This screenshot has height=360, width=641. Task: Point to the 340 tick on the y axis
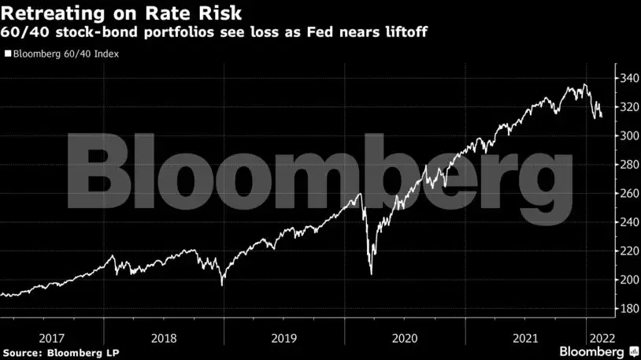click(627, 78)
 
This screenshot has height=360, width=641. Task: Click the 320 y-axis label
click(627, 107)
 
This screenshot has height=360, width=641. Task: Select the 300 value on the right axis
click(627, 135)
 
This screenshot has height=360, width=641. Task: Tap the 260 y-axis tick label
click(627, 193)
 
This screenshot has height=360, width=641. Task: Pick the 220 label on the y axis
click(627, 251)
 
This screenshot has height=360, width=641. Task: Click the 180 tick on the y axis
click(627, 308)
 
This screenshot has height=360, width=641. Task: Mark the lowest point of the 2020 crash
click(371, 274)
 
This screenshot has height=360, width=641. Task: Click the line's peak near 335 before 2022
click(584, 84)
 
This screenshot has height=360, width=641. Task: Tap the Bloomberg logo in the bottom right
click(593, 350)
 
